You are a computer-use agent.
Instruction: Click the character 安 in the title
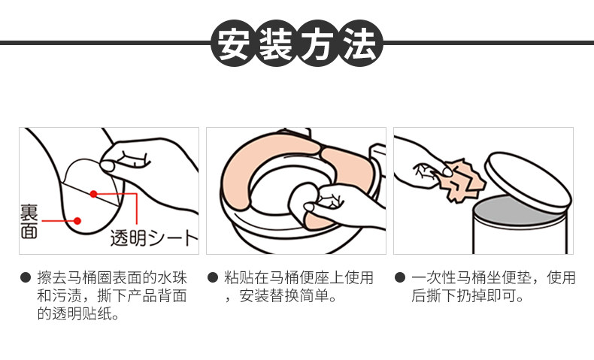[x=234, y=44]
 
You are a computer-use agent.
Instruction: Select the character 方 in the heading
[x=318, y=44]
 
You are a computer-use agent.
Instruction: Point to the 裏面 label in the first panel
[x=29, y=222]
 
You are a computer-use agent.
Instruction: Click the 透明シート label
[x=154, y=237]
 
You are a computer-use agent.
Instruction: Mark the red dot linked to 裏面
[x=77, y=221]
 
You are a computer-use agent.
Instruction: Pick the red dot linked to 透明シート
[x=93, y=194]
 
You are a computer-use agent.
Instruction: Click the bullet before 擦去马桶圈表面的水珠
[x=26, y=277]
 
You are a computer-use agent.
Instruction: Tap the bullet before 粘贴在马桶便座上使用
[x=213, y=277]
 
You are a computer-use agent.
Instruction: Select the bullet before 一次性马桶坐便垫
[x=400, y=277]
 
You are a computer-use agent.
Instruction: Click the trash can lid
[x=529, y=180]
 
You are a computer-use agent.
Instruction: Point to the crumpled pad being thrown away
[x=464, y=180]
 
